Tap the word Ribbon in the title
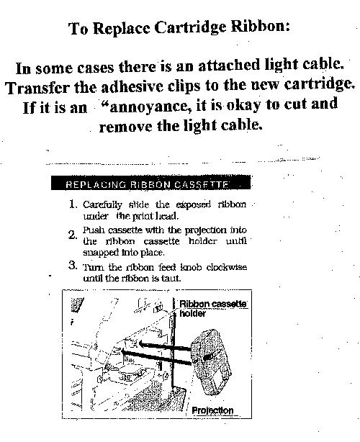pos(260,27)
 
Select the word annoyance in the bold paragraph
pos(148,107)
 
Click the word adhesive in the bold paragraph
pos(132,87)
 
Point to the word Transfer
pos(37,88)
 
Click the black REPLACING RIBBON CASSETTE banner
pos(150,183)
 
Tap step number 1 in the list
pos(73,204)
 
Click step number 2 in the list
pos(73,235)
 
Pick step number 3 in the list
pos(73,265)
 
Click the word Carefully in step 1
pos(103,205)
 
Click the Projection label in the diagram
pos(212,410)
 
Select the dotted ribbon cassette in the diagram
pos(211,362)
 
